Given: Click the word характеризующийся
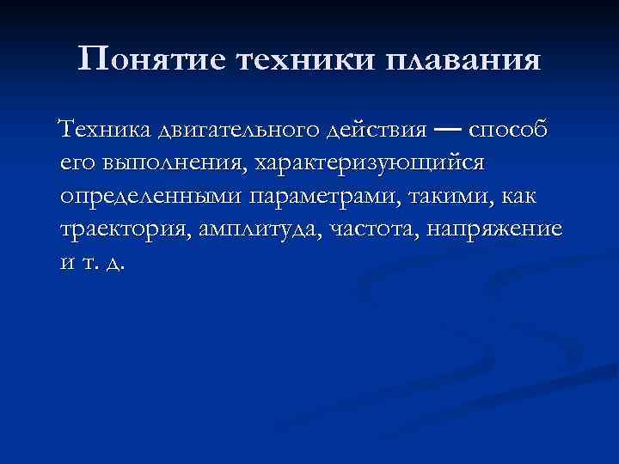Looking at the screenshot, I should tap(368, 163).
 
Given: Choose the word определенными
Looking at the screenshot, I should tap(152, 197).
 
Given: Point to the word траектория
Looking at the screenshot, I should tap(126, 229).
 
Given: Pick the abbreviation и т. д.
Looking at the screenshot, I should tap(92, 263).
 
